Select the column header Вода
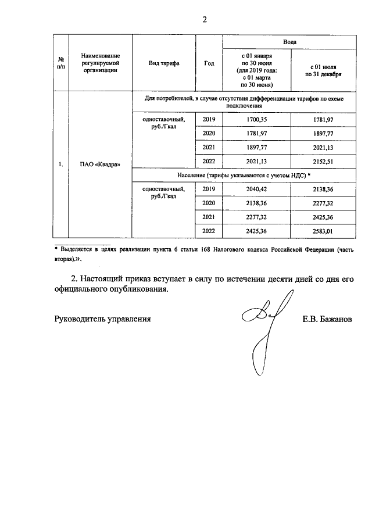pos(289,42)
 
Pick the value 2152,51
pos(322,161)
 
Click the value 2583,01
pos(322,231)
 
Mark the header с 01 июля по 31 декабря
pos(322,70)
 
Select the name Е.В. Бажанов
pos(327,319)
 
